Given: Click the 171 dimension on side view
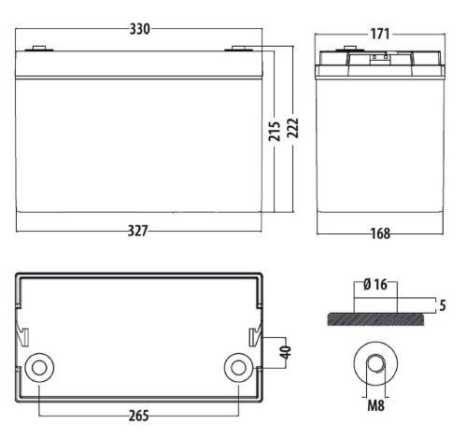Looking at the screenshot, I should point(380,35).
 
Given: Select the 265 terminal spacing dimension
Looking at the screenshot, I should point(139,414).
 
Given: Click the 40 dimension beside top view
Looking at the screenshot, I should point(286,353).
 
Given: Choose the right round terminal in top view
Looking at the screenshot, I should point(237,365).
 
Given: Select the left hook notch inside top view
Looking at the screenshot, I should point(22,336).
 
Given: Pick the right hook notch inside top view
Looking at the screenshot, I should point(254,336).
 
